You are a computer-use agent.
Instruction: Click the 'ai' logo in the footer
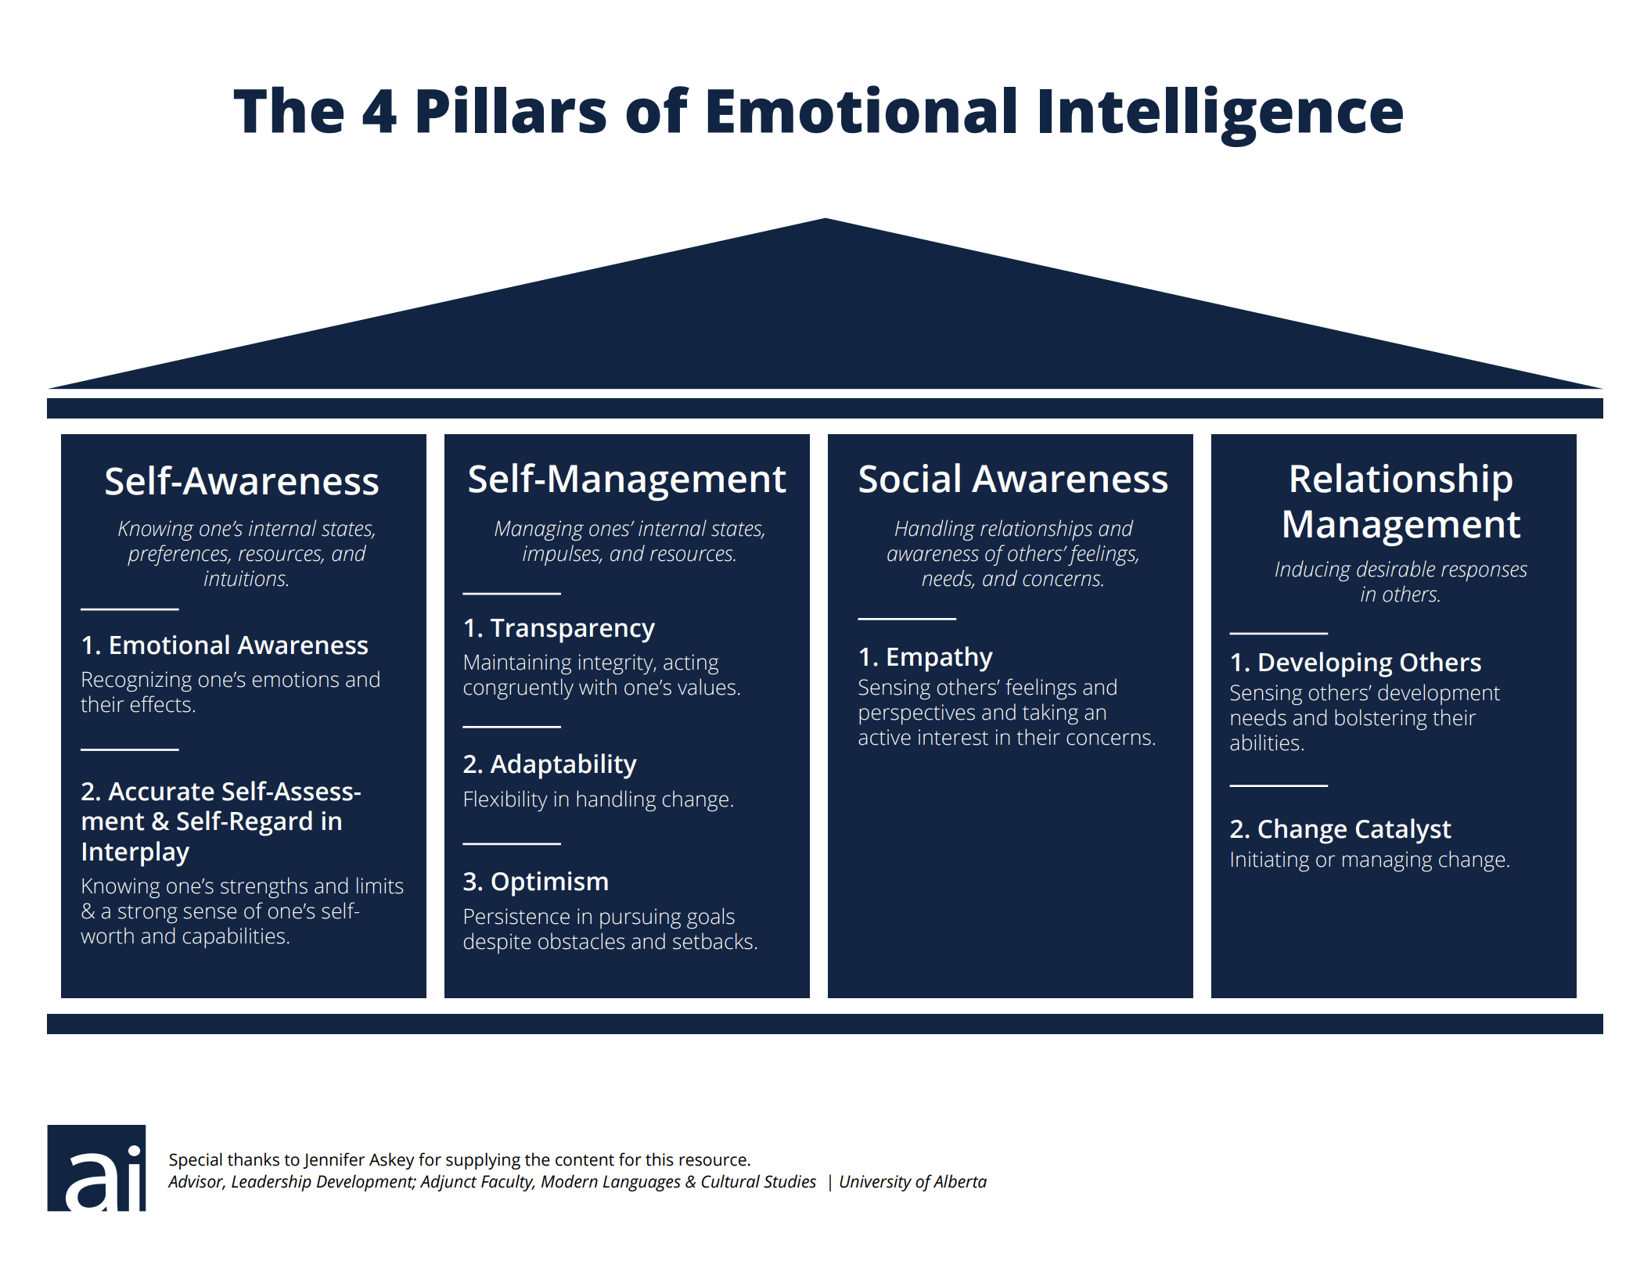96,1167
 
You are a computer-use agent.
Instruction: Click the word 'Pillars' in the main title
511,111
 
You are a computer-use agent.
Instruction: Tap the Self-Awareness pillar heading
242,480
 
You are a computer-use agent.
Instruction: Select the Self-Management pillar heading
626,479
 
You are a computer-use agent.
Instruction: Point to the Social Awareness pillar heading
1013,479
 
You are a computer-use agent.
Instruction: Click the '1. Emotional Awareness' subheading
225,645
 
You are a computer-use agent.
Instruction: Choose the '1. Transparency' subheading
559,628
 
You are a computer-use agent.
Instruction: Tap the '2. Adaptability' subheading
549,764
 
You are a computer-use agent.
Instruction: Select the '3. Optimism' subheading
535,882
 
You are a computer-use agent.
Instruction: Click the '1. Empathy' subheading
925,657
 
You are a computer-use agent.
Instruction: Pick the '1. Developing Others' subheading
1355,663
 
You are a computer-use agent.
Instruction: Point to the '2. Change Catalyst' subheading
1340,828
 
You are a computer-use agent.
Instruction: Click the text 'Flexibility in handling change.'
598,799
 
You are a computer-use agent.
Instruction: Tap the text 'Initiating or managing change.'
1369,860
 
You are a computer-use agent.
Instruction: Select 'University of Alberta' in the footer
912,1181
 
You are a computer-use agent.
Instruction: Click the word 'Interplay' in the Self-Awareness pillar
135,852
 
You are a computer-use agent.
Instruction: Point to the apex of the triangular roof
825,218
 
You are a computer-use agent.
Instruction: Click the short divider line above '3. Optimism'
512,843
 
